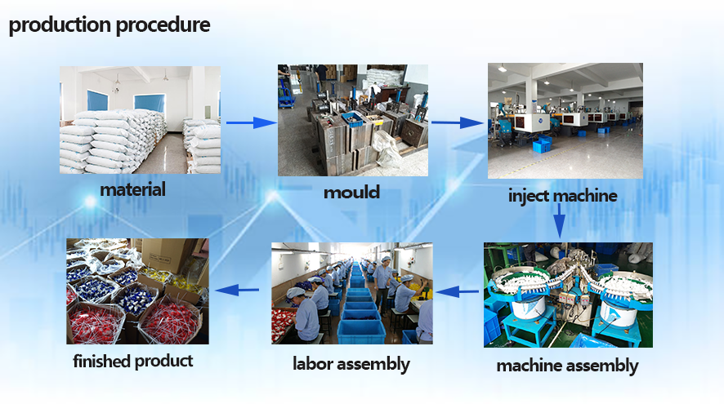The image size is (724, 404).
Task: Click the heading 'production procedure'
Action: [109, 25]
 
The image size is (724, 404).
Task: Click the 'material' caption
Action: [133, 189]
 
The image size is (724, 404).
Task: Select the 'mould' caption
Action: [352, 192]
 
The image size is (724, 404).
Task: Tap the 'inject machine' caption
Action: [563, 196]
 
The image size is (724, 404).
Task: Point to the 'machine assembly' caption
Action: [567, 366]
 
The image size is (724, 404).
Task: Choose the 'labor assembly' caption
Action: [351, 364]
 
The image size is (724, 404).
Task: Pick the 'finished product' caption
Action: [133, 361]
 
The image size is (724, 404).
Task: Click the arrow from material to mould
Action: [252, 122]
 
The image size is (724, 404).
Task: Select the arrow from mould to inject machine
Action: [458, 122]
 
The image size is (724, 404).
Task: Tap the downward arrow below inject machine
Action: [559, 221]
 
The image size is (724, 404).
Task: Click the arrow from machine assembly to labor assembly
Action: [457, 291]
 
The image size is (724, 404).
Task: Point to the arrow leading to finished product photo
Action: [237, 290]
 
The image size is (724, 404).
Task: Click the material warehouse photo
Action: [140, 120]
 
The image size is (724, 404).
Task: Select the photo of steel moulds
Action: [353, 120]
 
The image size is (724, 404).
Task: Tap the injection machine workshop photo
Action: [565, 121]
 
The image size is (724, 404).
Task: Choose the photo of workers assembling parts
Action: [352, 293]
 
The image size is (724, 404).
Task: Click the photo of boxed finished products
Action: [137, 291]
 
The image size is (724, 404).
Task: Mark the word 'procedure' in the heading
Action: [163, 25]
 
